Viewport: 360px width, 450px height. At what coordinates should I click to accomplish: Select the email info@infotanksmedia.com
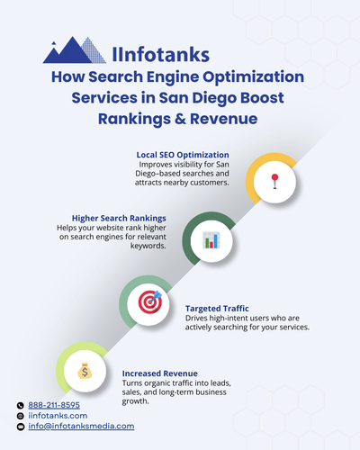pos(82,426)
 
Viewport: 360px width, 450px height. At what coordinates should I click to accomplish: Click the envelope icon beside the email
pos(20,427)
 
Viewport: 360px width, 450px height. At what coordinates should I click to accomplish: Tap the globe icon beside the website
pos(20,416)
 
